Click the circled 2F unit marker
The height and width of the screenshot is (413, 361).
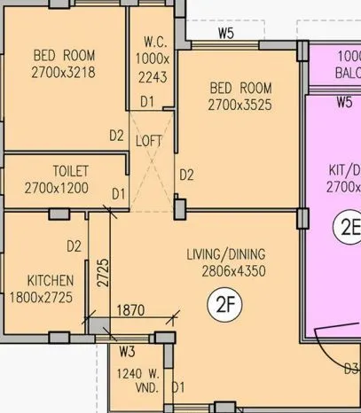(x=224, y=306)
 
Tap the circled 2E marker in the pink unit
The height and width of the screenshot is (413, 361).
(x=346, y=228)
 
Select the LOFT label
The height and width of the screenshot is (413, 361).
(x=149, y=140)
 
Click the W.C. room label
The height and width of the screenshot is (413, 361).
(x=153, y=43)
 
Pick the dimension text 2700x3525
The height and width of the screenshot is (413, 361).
(x=239, y=105)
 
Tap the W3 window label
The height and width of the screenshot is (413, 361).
(x=127, y=352)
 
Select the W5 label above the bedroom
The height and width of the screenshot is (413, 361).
(x=225, y=34)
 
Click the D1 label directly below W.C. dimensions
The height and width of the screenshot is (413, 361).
(x=146, y=102)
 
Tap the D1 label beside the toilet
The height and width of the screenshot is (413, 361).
(x=118, y=192)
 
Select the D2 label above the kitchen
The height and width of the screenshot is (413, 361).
(x=75, y=245)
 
